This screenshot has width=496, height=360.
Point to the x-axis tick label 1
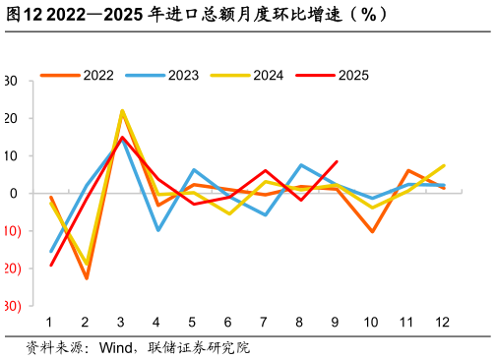tap(49, 322)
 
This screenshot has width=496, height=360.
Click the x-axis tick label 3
tap(121, 322)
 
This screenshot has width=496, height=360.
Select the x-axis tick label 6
tap(228, 322)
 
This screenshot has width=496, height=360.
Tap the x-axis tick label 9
tap(337, 322)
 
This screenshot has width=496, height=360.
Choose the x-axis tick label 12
tap(444, 322)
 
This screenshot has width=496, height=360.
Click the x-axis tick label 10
tap(372, 322)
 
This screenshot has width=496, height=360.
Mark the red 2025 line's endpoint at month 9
tap(337, 161)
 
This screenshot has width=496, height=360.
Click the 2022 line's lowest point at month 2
tap(86, 278)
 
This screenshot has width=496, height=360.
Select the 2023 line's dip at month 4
tap(157, 230)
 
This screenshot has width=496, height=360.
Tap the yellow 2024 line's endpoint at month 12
tap(444, 165)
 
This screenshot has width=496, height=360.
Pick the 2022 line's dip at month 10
tap(372, 231)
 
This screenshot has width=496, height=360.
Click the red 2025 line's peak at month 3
tap(121, 137)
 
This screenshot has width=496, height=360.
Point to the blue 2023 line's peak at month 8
tap(300, 165)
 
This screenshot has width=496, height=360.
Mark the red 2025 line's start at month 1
tap(50, 265)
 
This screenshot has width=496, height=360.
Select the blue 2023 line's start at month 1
tap(50, 251)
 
